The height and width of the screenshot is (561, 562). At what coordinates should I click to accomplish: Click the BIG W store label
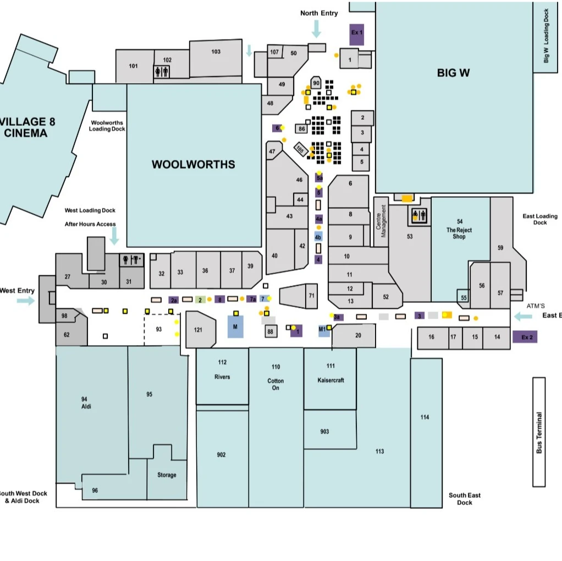click(x=453, y=73)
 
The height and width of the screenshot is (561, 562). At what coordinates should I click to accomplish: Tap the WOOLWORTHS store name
click(x=193, y=164)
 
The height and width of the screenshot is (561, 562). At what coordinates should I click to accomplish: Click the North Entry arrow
click(x=316, y=29)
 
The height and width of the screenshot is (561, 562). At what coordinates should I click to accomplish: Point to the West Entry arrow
click(x=25, y=301)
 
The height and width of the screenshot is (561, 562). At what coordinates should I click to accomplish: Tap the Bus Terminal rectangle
click(x=539, y=432)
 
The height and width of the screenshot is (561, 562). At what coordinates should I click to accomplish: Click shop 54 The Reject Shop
click(x=460, y=231)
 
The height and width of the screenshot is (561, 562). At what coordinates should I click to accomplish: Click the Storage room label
click(x=167, y=475)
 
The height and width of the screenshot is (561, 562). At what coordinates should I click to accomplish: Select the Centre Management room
click(x=381, y=221)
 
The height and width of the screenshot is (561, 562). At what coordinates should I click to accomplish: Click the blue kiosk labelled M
click(x=235, y=326)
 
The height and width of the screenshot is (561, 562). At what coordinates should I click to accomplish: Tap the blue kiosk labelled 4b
click(x=318, y=237)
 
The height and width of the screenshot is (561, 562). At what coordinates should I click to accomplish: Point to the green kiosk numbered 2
click(x=200, y=299)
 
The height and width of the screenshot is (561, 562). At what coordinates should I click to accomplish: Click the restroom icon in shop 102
click(x=162, y=71)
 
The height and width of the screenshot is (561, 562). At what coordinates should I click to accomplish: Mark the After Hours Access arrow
click(x=114, y=236)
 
